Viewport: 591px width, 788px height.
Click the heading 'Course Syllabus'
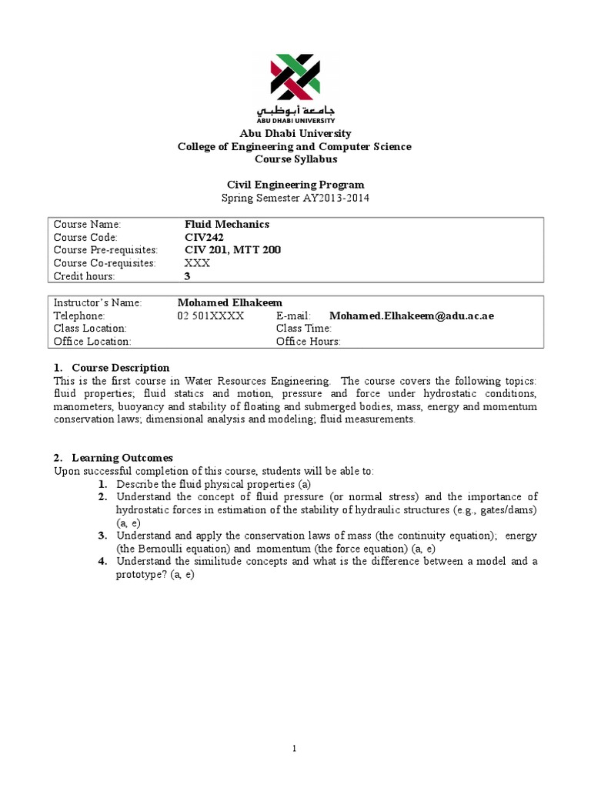[295, 159]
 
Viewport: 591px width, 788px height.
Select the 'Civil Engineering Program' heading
[295, 185]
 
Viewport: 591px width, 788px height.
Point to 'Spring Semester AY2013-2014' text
[295, 198]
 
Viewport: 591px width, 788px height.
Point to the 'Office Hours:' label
[308, 342]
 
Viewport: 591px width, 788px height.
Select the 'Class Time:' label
[303, 329]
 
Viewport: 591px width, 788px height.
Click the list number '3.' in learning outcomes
[103, 536]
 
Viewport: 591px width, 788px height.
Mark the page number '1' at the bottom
[295, 749]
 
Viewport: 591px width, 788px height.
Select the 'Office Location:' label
[92, 342]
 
